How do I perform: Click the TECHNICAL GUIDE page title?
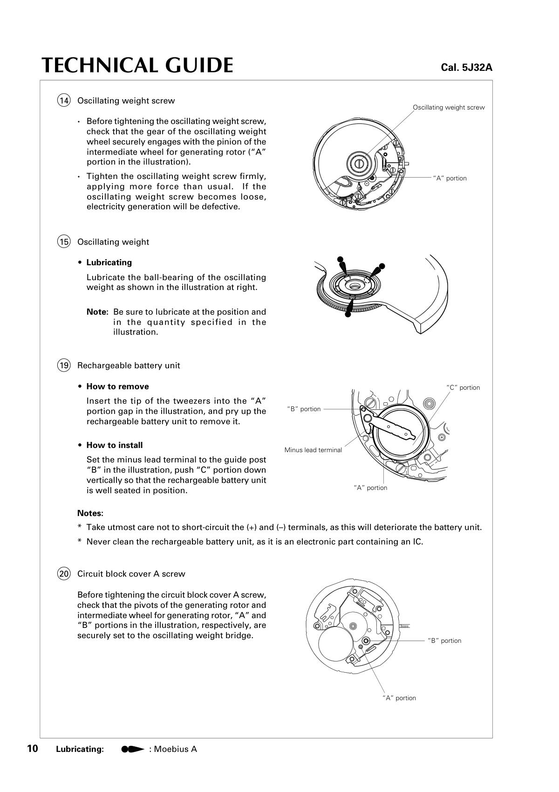click(137, 65)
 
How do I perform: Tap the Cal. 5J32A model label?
click(466, 68)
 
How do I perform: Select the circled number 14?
click(64, 100)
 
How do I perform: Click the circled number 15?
click(64, 241)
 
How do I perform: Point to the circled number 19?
click(64, 365)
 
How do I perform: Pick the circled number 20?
click(64, 573)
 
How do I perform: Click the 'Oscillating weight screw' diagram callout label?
click(449, 107)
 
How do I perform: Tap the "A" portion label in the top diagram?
click(450, 178)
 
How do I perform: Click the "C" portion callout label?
click(463, 387)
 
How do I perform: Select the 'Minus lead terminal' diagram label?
click(313, 450)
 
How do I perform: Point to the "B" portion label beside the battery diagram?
click(304, 409)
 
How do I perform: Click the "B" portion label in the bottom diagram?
click(444, 640)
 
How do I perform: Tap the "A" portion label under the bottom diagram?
click(399, 698)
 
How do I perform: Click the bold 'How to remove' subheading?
click(117, 386)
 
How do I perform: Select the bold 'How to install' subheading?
click(115, 445)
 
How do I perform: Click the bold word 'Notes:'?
click(90, 513)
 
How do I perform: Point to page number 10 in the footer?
click(33, 749)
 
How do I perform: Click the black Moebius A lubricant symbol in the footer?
click(133, 749)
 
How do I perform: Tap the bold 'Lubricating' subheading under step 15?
click(109, 262)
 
